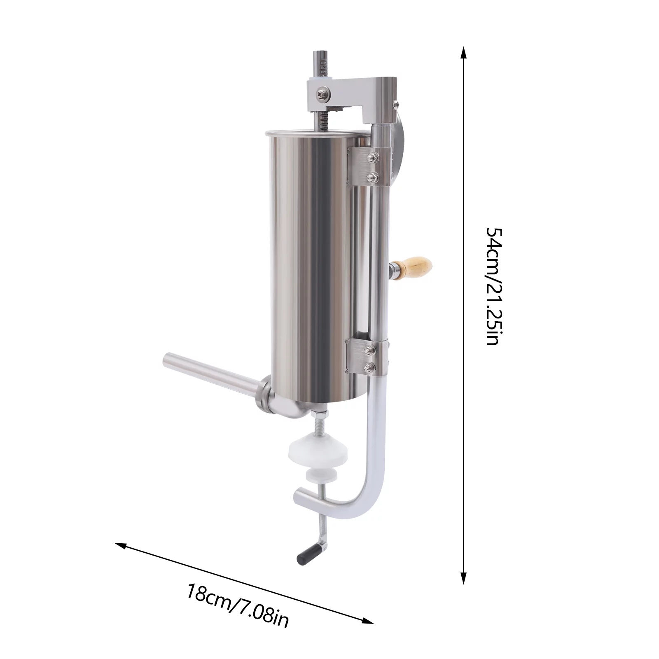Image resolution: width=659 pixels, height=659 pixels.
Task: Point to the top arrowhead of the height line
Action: (463, 52)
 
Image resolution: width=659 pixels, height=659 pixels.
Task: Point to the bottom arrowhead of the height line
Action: (463, 579)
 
